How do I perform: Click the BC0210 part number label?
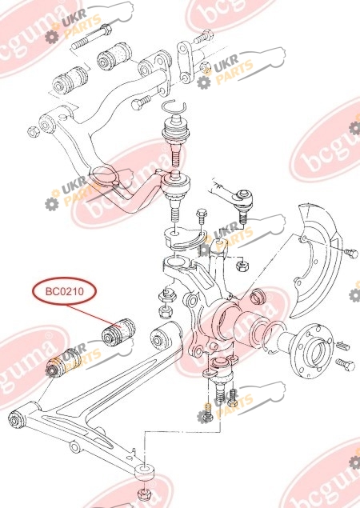(x=65, y=291)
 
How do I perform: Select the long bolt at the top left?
(x=91, y=37)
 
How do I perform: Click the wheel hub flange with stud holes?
(x=312, y=351)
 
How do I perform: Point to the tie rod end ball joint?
(x=242, y=202)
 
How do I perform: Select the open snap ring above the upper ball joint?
(x=174, y=106)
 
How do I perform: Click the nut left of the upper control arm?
(x=33, y=131)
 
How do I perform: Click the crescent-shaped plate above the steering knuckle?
(x=184, y=238)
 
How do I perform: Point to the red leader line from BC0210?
(x=94, y=314)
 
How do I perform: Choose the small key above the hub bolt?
(x=343, y=345)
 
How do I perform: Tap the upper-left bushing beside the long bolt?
(x=114, y=56)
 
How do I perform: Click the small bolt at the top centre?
(x=203, y=37)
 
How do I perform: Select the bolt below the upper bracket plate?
(x=142, y=103)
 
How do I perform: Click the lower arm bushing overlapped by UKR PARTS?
(x=63, y=363)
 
